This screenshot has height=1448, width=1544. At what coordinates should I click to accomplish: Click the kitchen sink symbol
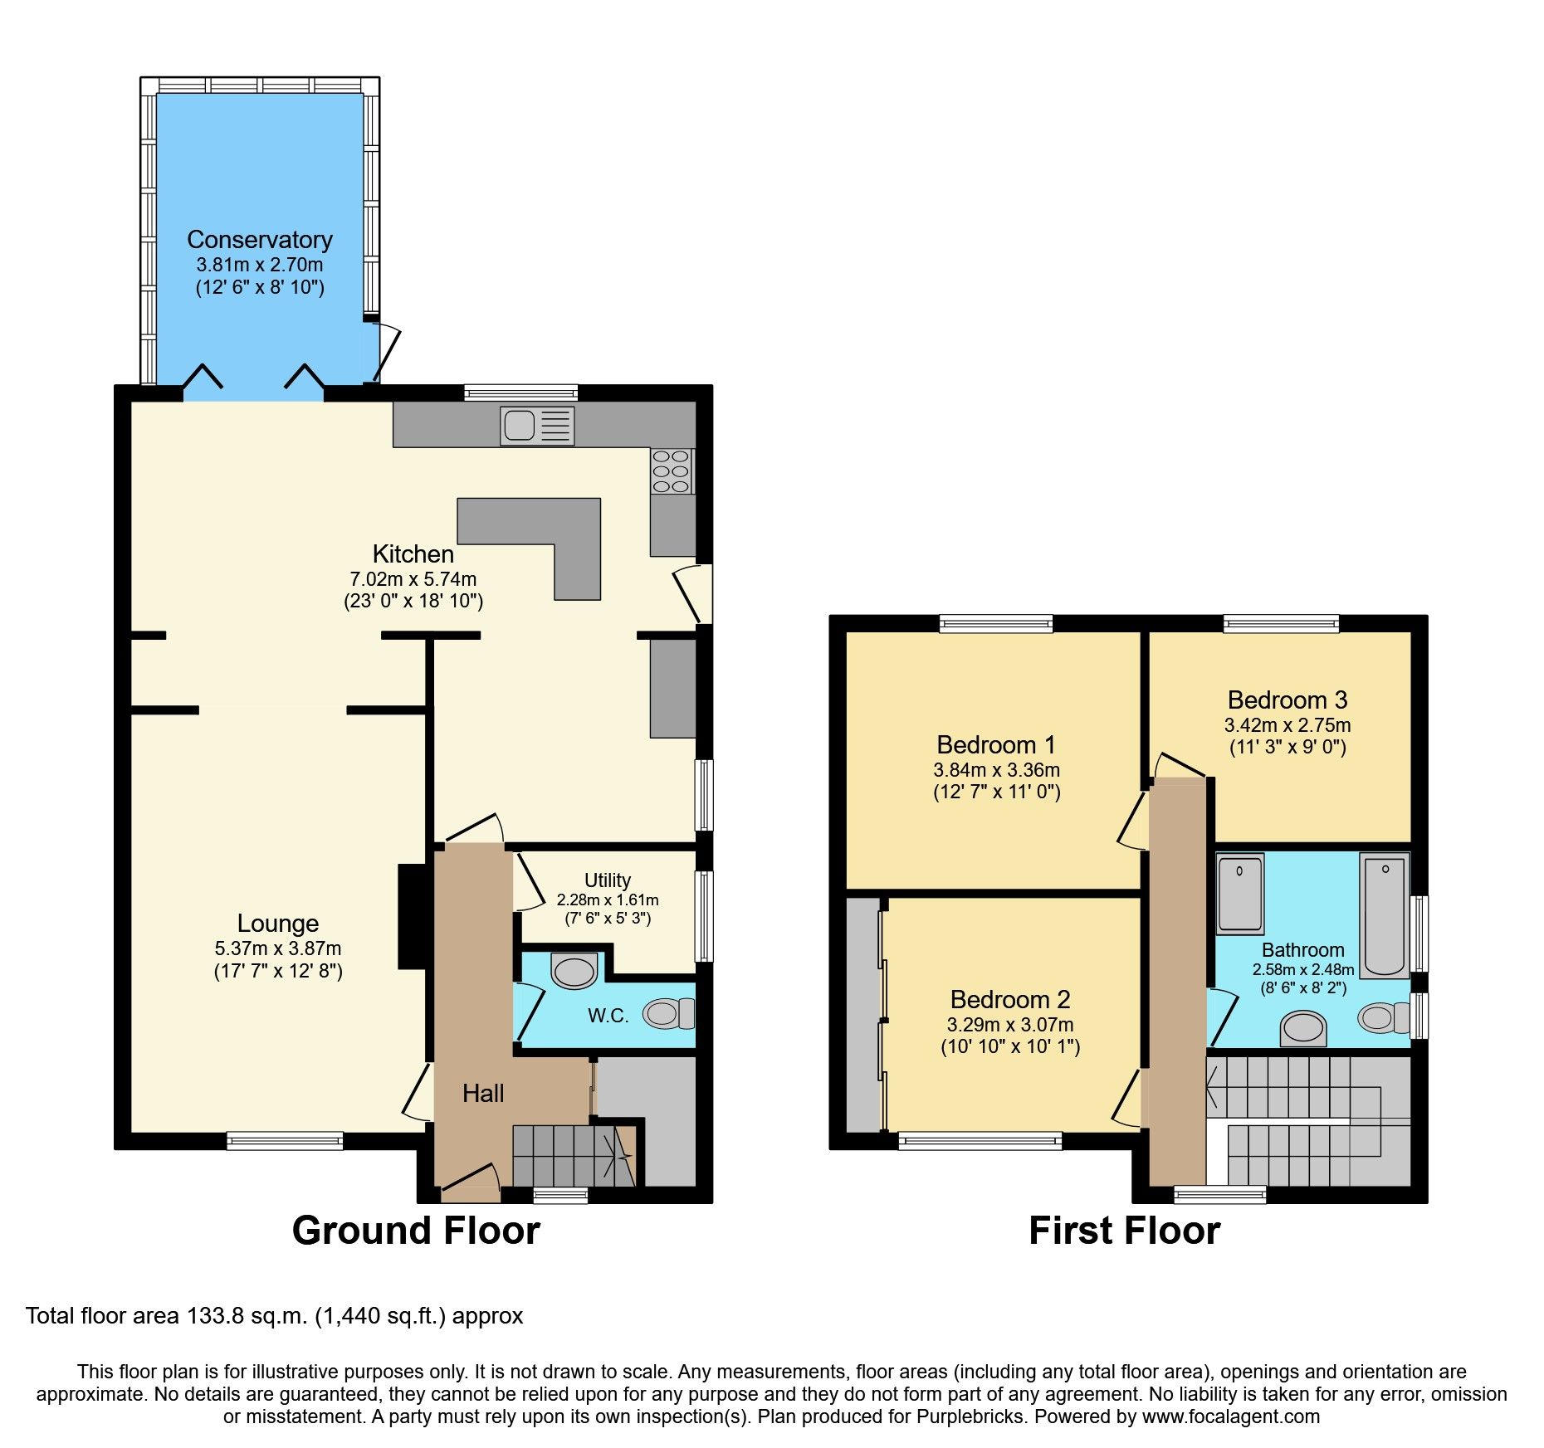pos(537,426)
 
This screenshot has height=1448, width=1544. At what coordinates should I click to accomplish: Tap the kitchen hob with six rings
pos(672,470)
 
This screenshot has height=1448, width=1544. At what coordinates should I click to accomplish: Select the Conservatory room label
pos(260,240)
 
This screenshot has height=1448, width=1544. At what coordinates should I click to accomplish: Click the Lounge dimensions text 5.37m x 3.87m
pos(278,948)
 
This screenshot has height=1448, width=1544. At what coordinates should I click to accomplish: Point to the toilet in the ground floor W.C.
pos(669,1013)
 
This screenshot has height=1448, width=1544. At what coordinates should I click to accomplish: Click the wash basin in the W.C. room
pos(574,971)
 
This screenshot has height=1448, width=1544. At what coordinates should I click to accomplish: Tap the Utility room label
pos(607,880)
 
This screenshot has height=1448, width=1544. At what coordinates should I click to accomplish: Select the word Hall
pos(483,1094)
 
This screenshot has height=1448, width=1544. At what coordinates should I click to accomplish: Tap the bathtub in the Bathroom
pos(1384,916)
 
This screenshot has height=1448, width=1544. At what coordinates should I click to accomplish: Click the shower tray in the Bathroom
pos(1240,894)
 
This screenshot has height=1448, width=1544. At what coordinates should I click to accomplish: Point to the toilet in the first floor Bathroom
pos(1383,1017)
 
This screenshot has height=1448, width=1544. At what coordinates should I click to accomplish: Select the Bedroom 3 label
pos(1287,700)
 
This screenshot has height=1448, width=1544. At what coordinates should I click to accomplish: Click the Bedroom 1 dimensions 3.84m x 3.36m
pos(996,770)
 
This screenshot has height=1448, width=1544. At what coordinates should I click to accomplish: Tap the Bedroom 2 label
pos(1009,1000)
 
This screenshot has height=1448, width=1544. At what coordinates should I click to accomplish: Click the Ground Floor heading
pos(416,1231)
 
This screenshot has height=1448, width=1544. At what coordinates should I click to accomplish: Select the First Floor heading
pos(1124,1231)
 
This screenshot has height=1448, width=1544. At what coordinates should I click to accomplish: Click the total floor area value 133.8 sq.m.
pos(247,1316)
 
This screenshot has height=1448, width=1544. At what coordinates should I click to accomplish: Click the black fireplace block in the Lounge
pos(413,917)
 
